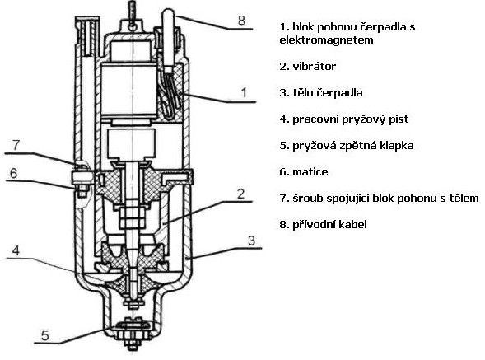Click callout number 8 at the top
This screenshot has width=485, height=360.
coord(241,21)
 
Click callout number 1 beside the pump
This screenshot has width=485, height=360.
coord(244,92)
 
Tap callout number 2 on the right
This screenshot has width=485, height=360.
coord(240,194)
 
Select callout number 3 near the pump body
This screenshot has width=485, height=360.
coord(251,241)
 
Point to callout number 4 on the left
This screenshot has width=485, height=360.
coord(16,250)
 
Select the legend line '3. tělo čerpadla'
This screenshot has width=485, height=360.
coord(321,92)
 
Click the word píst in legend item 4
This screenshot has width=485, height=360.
coord(400,119)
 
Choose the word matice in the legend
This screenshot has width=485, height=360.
coord(310,172)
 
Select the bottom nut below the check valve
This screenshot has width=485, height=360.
coord(133,344)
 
